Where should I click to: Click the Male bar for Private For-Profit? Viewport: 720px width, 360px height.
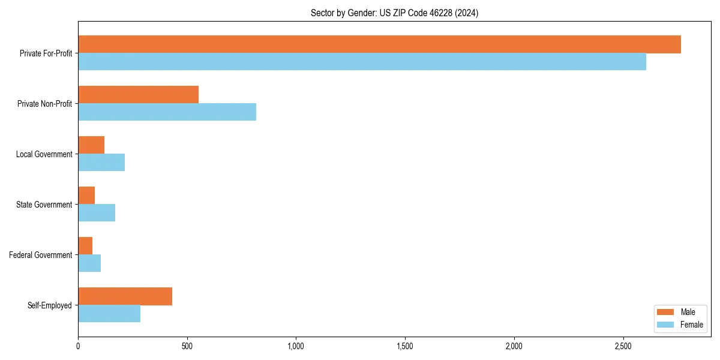point(379,44)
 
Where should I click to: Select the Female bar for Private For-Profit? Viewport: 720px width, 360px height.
point(362,62)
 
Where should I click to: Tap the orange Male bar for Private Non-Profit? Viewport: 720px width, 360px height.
point(138,95)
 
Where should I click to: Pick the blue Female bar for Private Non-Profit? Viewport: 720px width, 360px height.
point(167,112)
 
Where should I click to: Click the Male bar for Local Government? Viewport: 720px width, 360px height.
point(91,145)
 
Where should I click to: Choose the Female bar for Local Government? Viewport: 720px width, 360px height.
point(101,163)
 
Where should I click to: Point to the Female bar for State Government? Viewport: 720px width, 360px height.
point(97,213)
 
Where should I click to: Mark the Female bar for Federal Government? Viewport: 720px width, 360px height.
point(89,263)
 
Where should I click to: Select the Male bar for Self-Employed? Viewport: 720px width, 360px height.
point(125,296)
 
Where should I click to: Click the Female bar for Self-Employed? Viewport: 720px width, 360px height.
point(109,314)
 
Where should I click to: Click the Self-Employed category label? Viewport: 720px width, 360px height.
point(50,305)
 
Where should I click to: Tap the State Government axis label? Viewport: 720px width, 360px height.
point(44,205)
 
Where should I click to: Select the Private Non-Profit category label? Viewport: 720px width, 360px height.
point(44,104)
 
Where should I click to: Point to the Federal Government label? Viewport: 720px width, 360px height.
point(41,255)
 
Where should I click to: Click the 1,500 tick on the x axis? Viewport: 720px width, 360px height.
point(405,347)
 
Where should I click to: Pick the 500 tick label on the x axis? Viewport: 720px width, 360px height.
point(187,347)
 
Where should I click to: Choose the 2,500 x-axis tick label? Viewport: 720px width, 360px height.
point(623,347)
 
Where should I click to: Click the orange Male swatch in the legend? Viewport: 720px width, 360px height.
point(666,312)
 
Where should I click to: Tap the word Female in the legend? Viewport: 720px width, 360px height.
point(692,325)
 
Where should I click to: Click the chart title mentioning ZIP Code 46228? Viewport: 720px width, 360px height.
point(394,13)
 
